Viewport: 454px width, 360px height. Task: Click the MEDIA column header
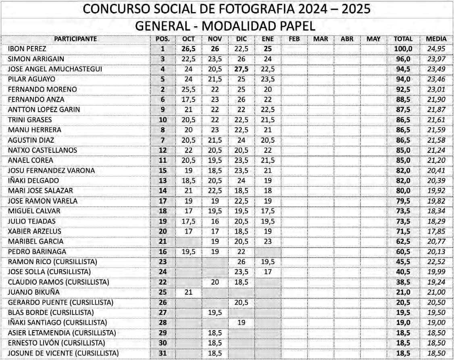point(436,39)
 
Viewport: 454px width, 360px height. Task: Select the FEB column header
point(294,39)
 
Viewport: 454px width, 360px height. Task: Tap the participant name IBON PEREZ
point(27,49)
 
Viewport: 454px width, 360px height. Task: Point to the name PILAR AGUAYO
point(31,79)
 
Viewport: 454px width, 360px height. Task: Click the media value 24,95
point(436,49)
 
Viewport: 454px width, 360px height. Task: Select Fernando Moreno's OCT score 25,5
point(189,89)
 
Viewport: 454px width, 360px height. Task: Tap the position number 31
point(163,353)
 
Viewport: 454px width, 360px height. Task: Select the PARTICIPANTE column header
point(75,39)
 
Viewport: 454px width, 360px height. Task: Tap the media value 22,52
point(436,262)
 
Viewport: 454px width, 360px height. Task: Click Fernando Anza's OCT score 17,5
point(189,99)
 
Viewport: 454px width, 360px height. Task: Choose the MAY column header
point(374,39)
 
